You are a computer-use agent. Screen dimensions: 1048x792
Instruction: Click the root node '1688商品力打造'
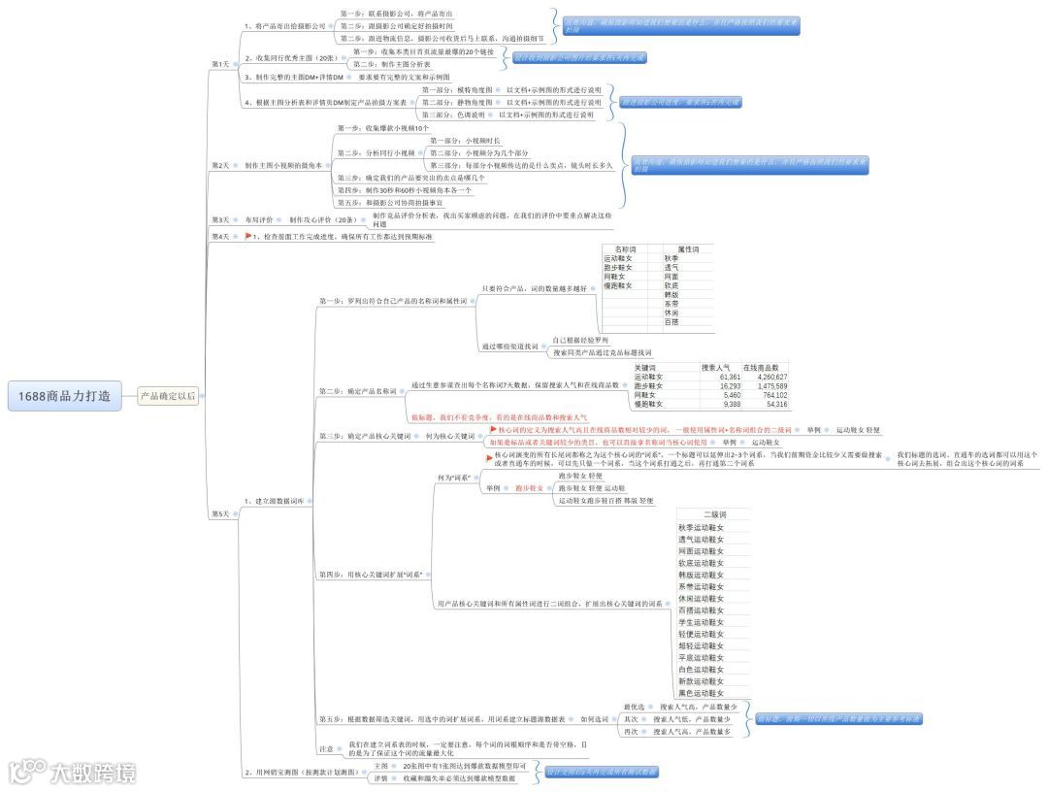coord(65,395)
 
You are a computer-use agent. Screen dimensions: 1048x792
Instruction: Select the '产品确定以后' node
coord(168,395)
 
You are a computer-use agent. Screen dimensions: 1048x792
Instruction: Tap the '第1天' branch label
coord(220,64)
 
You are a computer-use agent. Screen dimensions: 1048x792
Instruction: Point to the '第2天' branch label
coord(220,166)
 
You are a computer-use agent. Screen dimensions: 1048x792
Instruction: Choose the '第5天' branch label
coord(220,513)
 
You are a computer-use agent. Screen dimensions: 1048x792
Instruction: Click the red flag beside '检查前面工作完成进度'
coord(248,236)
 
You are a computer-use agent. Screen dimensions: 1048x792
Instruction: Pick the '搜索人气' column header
coord(716,368)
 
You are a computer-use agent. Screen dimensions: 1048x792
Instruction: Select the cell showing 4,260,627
coord(766,377)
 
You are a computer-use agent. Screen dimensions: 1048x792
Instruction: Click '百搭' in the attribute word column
coord(671,322)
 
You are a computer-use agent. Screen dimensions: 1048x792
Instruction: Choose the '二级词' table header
coord(714,514)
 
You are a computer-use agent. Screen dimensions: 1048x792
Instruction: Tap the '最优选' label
coord(634,707)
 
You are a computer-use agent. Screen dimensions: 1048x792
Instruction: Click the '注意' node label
coord(326,749)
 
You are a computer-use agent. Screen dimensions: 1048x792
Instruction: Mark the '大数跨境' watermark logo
coord(72,773)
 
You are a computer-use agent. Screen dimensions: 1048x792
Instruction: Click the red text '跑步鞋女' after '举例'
coord(530,488)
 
